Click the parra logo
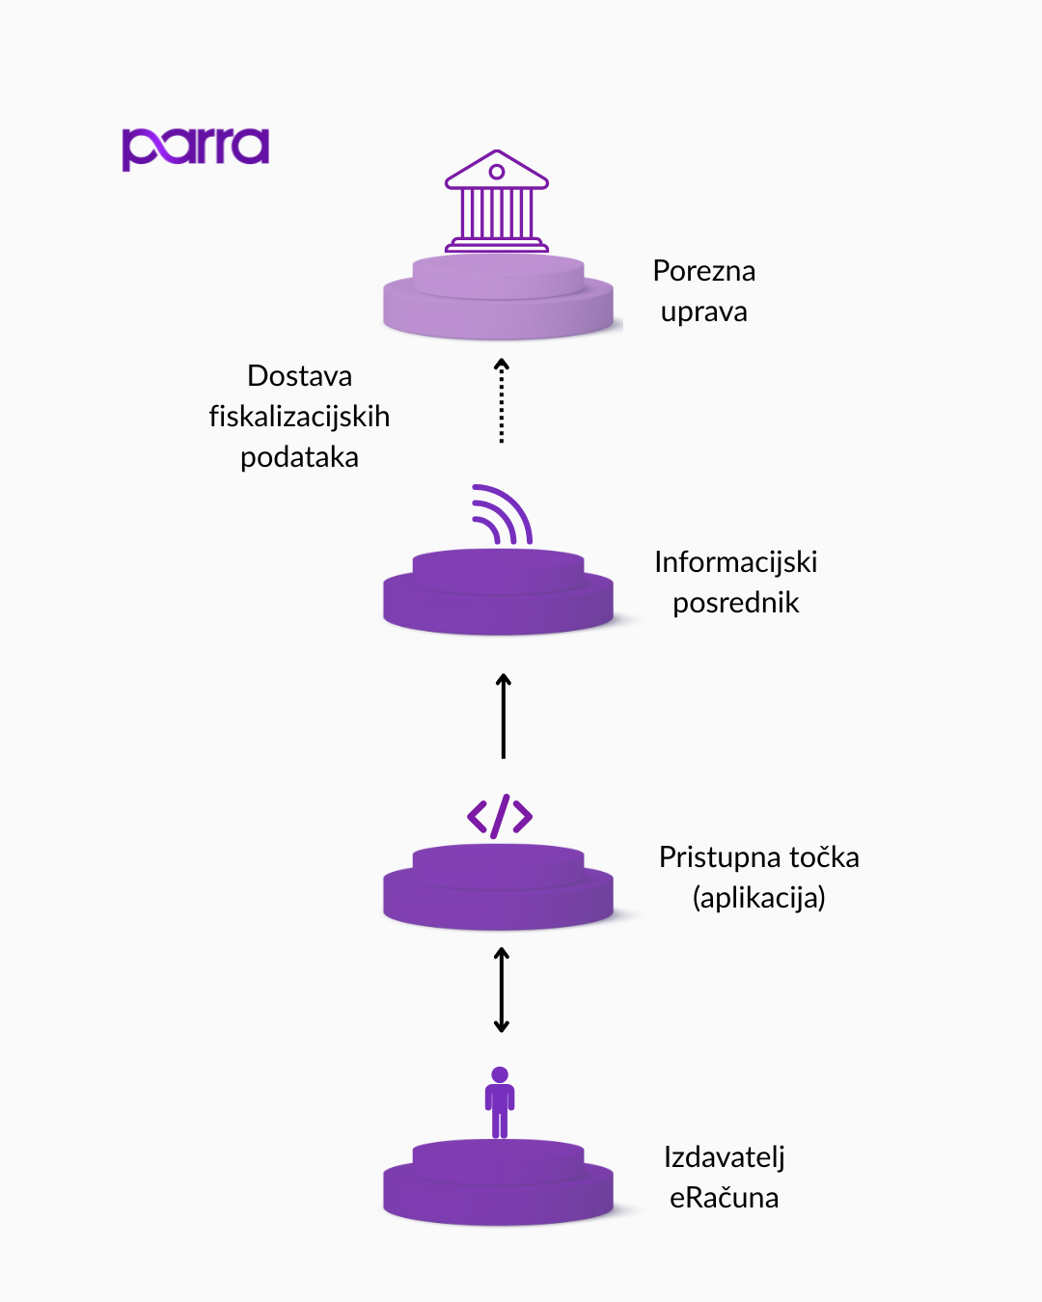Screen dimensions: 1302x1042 click(x=195, y=148)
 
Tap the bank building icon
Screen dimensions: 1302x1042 click(x=497, y=202)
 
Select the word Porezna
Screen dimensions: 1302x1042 click(x=703, y=271)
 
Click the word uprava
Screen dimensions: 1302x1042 click(x=703, y=312)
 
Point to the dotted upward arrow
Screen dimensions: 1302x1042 click(x=502, y=400)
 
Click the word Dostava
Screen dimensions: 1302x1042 click(x=299, y=375)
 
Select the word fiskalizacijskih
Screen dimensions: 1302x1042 click(x=299, y=417)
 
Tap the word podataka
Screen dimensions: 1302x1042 click(x=299, y=457)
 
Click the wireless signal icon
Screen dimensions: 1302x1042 click(x=502, y=515)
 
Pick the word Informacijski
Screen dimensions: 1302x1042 click(x=735, y=562)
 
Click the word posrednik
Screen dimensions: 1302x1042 click(x=735, y=603)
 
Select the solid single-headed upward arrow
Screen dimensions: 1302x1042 click(x=503, y=716)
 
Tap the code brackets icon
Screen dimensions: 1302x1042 click(x=500, y=817)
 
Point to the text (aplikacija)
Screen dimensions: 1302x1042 click(x=758, y=898)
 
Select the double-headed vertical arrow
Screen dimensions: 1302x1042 click(x=502, y=990)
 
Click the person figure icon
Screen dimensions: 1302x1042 click(x=500, y=1101)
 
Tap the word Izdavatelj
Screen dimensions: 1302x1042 click(x=724, y=1157)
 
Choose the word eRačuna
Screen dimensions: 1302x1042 click(x=724, y=1198)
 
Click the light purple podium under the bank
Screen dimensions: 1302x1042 click(x=498, y=299)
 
